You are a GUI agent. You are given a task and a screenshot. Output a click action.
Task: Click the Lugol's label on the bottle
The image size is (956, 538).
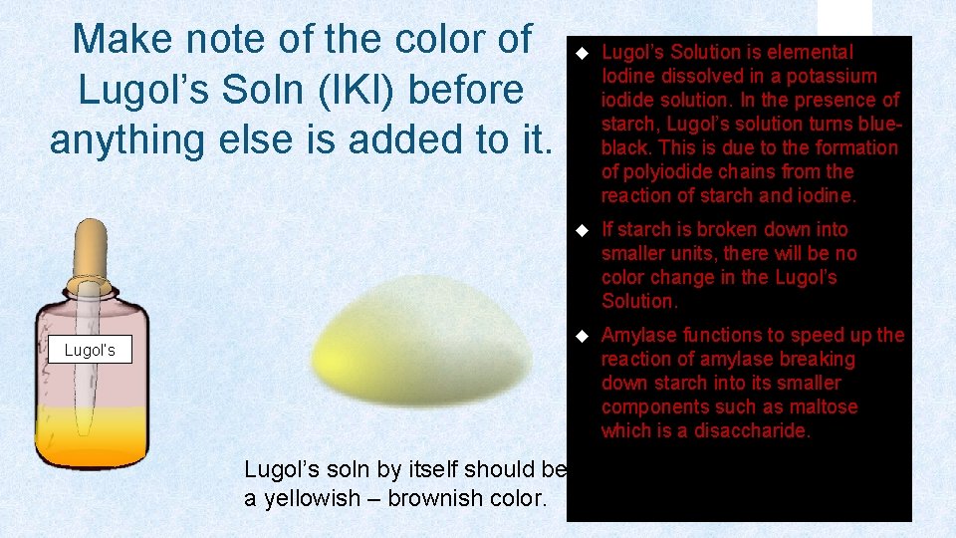tap(90, 350)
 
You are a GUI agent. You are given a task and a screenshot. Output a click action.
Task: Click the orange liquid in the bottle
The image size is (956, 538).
tap(91, 437)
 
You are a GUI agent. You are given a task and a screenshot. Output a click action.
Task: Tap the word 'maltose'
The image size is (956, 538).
tap(823, 406)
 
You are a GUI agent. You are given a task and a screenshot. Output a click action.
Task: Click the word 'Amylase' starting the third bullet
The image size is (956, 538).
tap(638, 336)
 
